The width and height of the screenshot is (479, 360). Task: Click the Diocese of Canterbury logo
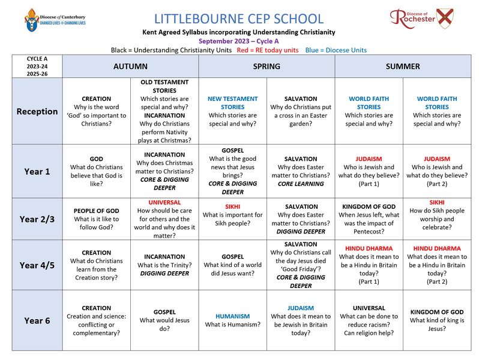55,20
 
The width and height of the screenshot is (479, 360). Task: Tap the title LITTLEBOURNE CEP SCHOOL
239,19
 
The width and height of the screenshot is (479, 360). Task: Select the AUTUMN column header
130,67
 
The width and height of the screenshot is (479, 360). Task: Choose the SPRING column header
267,67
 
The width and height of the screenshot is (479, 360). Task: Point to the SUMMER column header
402,67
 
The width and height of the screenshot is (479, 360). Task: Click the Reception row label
37,112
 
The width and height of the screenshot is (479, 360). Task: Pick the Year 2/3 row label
37,220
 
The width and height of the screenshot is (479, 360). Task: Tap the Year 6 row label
37,321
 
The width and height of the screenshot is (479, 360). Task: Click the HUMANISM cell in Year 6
232,320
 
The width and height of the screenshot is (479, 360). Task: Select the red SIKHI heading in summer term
436,203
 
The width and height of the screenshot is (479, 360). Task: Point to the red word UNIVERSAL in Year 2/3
164,203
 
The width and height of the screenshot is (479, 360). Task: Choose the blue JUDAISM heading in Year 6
300,308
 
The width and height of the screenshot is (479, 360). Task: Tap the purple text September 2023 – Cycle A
239,41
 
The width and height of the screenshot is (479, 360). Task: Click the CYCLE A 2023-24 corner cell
37,67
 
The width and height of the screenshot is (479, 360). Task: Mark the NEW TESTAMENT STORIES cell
232,111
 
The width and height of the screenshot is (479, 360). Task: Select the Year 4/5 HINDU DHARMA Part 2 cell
436,265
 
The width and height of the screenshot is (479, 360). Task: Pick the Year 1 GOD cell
96,171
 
